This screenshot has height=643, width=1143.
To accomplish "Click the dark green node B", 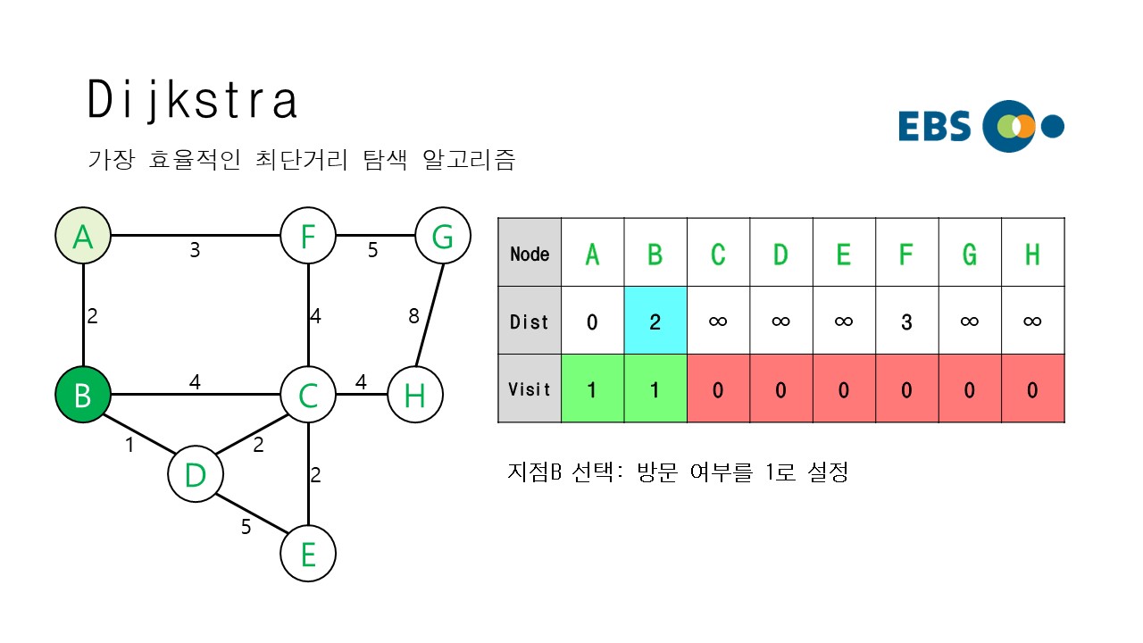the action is [82, 394].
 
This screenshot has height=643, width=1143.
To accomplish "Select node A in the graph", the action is [82, 237].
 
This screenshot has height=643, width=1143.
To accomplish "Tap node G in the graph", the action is [442, 237].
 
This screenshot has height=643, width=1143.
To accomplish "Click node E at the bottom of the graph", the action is [308, 554].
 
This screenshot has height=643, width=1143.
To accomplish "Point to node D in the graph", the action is [195, 474].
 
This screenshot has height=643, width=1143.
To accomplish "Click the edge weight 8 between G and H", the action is [413, 315].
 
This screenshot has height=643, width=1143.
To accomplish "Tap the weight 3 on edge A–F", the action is [195, 251].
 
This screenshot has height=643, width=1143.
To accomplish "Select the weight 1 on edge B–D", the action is [129, 443].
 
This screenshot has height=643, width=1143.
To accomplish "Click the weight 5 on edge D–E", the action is [246, 527].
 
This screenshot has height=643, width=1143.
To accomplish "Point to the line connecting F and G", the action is [375, 236].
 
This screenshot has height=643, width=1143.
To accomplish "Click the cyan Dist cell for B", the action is [655, 321].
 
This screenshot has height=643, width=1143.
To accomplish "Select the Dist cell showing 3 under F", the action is [906, 321].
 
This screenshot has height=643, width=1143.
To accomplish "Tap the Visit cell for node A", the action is [592, 388].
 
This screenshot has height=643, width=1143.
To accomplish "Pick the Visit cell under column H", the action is [1032, 388].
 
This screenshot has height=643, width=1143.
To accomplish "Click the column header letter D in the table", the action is [780, 254].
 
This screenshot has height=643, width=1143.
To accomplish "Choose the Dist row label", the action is [530, 321].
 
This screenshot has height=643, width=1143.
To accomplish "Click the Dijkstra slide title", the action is [192, 100].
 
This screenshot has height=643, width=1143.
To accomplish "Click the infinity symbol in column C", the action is [718, 321].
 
